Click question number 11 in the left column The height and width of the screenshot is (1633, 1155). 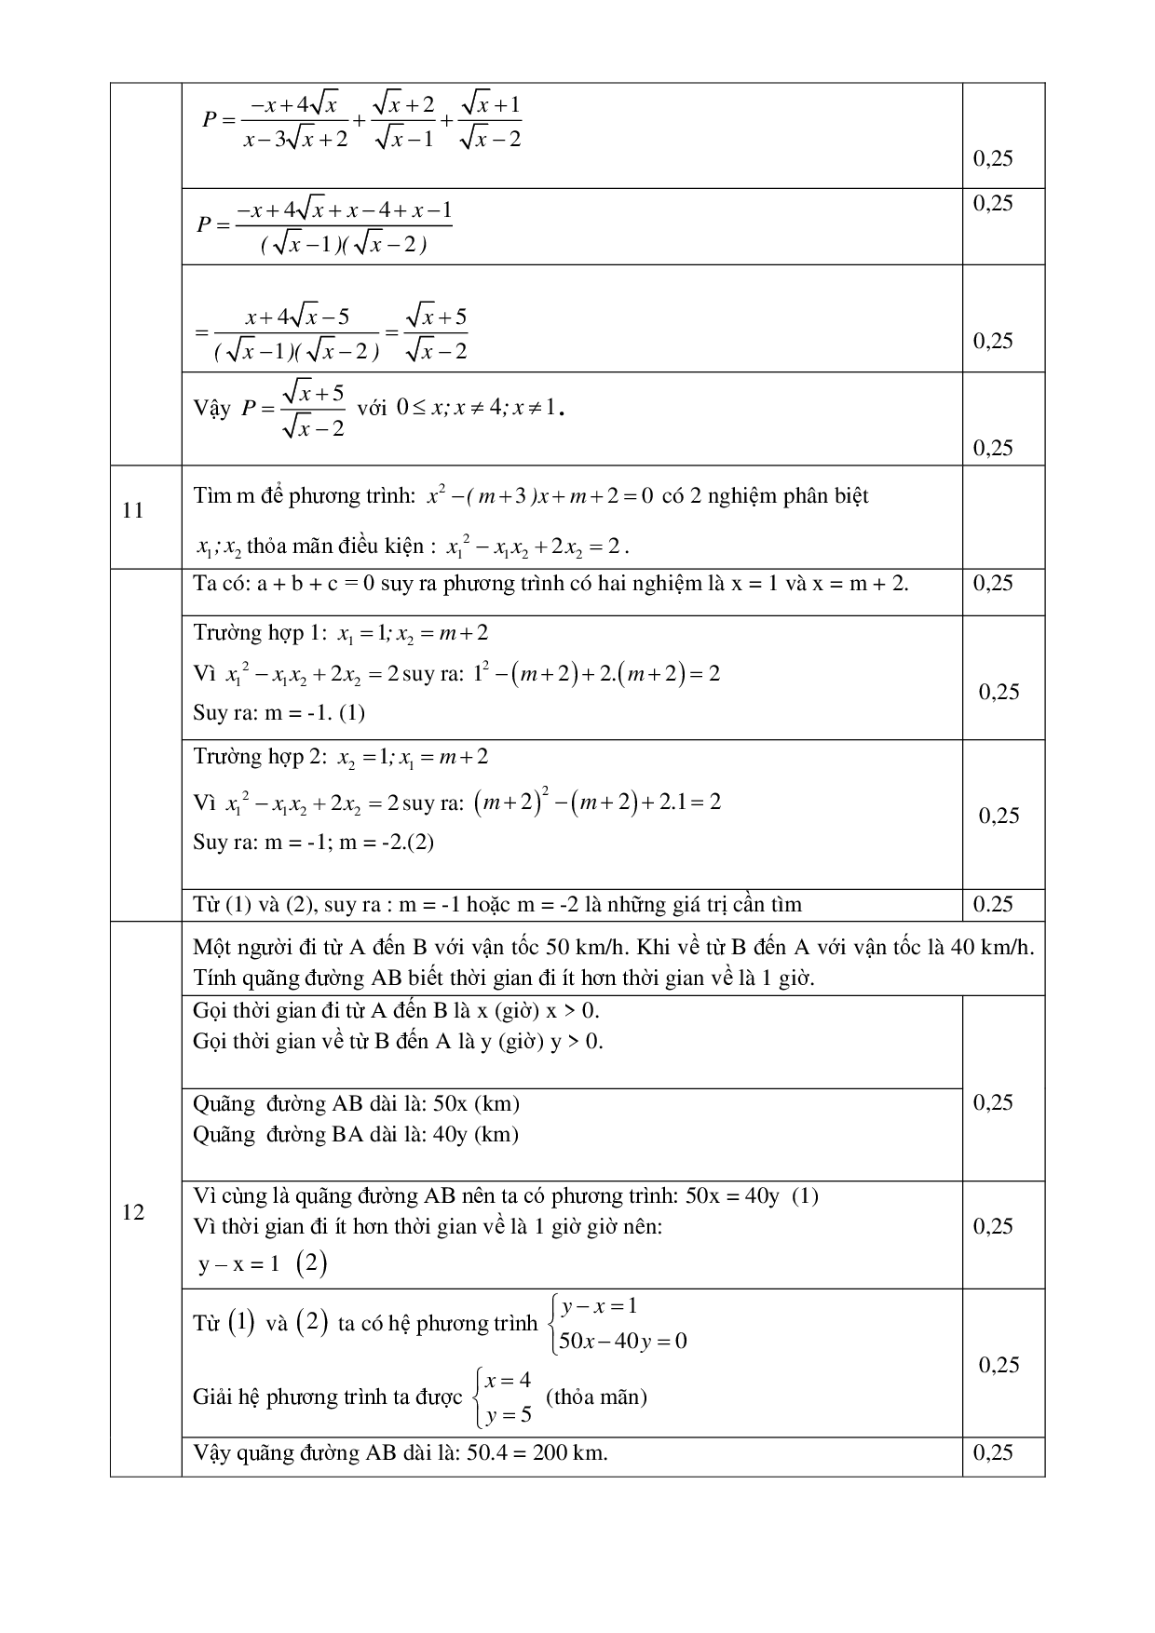point(133,510)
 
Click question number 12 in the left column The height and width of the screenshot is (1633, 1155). point(133,1212)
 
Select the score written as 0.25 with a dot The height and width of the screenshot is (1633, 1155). point(993,904)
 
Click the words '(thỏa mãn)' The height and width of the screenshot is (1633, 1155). point(596,1397)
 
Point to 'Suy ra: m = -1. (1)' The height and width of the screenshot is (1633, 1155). point(279,713)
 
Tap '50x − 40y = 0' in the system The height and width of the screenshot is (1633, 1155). point(622,1342)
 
